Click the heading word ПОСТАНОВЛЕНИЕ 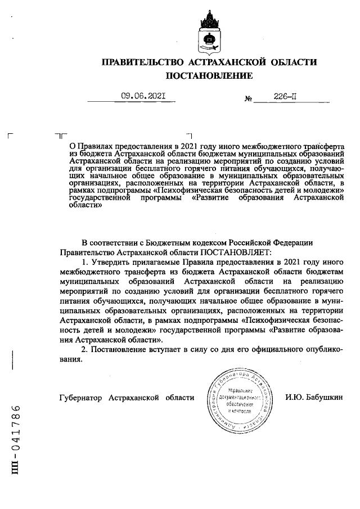coord(209,75)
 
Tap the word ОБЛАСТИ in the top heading coord(291,62)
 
